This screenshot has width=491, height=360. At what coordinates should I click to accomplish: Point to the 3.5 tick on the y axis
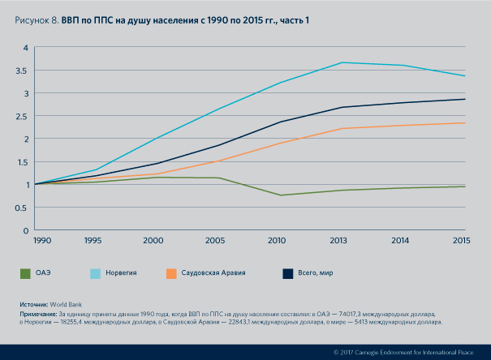[25, 71]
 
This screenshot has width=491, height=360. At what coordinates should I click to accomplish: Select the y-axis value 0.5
[25, 208]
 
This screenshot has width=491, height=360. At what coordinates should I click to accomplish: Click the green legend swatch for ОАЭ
[27, 273]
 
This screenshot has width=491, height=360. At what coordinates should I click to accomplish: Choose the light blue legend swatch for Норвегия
[96, 273]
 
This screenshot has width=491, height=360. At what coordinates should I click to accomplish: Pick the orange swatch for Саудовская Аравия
[170, 273]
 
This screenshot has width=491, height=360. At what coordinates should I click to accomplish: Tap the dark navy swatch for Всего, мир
[287, 273]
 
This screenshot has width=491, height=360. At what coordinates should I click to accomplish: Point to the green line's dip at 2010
[281, 195]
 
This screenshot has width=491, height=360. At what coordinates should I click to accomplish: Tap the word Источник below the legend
[34, 304]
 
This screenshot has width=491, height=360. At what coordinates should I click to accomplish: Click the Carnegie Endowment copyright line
[403, 353]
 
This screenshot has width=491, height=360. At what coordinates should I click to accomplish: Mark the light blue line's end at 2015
[464, 76]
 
